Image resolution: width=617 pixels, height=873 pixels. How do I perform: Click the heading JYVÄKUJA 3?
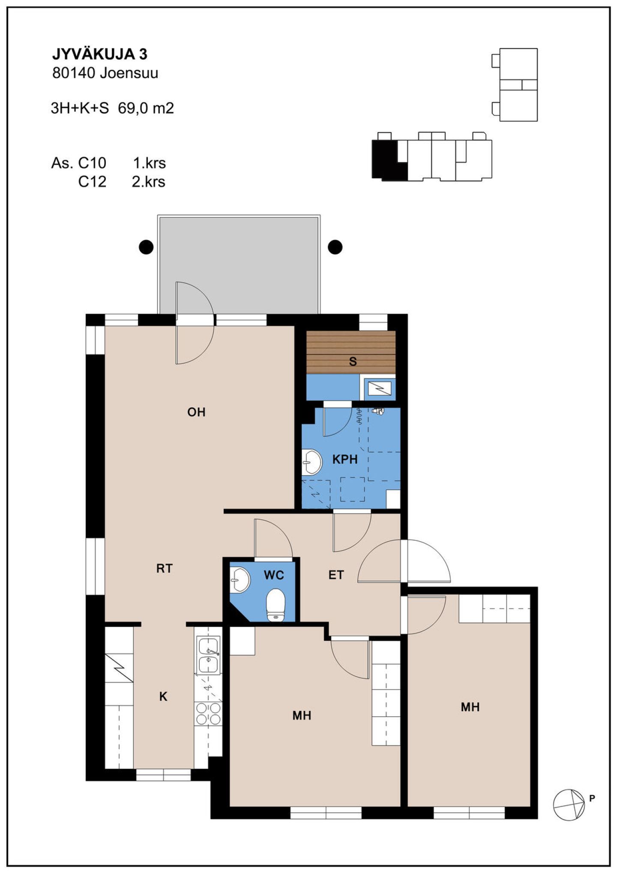point(100,54)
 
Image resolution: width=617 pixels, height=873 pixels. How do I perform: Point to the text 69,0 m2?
point(146,108)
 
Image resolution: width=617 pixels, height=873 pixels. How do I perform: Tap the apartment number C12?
point(92,182)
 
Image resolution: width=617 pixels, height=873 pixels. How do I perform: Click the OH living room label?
point(196,412)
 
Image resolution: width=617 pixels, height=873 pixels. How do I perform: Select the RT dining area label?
point(165,568)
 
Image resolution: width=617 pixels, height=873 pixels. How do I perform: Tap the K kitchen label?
point(163,696)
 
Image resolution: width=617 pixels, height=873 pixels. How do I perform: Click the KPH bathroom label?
point(345,459)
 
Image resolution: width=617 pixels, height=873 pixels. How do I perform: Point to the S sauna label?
point(353,361)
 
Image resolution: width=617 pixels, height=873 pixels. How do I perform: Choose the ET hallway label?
point(336,575)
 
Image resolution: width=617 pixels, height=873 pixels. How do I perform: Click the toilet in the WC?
point(276,605)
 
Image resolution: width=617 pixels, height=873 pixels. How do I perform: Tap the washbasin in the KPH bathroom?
point(311,462)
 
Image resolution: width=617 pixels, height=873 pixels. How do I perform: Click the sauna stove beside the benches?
point(380,388)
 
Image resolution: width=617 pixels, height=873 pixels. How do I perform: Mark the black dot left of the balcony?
point(147,247)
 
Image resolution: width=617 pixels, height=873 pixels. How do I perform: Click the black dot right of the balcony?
point(335,247)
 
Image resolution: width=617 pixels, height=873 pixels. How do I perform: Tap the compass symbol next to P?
point(569,805)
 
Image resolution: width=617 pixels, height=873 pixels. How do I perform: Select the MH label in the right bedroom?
point(470,707)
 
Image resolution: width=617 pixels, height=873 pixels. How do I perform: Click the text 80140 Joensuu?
point(105,73)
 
